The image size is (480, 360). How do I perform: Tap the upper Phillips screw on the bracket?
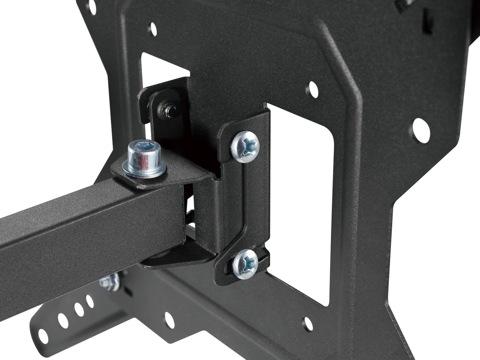(245, 146)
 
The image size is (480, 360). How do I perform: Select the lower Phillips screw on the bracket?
(245, 264)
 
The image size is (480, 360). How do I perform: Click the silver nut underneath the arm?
(110, 281)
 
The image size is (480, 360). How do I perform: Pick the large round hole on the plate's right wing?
(421, 130)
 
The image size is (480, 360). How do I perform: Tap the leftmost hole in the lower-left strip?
(43, 336)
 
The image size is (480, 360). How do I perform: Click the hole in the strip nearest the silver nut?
(90, 301)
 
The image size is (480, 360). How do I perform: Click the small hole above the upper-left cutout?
(152, 29)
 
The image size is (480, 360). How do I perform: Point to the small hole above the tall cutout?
(312, 90)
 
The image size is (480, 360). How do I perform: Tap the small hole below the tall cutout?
(308, 324)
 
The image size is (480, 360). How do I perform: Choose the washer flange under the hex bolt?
(144, 171)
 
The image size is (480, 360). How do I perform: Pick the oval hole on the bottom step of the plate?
(169, 320)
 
